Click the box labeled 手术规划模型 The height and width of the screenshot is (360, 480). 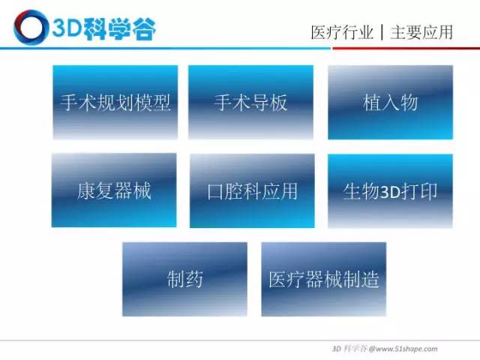point(115,102)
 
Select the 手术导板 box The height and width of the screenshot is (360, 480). point(250,102)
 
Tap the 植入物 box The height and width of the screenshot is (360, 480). point(390,102)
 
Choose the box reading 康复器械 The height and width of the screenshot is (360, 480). point(114,190)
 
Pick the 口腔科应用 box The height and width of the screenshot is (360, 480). point(252,190)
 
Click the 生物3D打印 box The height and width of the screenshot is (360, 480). point(390,191)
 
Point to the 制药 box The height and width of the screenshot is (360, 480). point(185,279)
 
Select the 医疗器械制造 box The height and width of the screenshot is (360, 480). point(323,279)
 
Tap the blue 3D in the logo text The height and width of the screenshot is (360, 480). point(67,28)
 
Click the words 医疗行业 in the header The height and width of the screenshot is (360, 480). point(342,32)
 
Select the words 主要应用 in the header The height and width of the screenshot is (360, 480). point(421,32)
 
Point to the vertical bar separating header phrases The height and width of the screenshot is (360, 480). point(382,32)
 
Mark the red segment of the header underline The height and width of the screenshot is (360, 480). point(406,48)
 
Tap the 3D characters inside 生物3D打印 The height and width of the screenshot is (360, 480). point(390,192)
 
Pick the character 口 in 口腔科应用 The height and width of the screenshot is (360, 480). point(215,192)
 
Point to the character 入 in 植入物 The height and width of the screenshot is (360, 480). point(390,103)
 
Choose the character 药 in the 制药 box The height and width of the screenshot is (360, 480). point(194,279)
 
